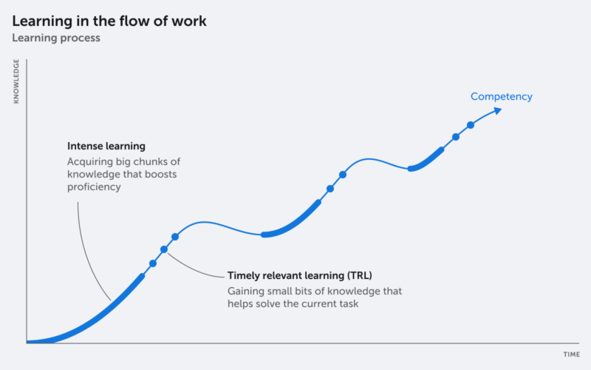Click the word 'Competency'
pyautogui.click(x=501, y=96)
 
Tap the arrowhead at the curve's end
pyautogui.click(x=498, y=110)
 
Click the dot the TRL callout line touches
pyautogui.click(x=164, y=249)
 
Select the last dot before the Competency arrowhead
pyautogui.click(x=471, y=124)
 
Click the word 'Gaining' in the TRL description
pyautogui.click(x=246, y=291)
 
